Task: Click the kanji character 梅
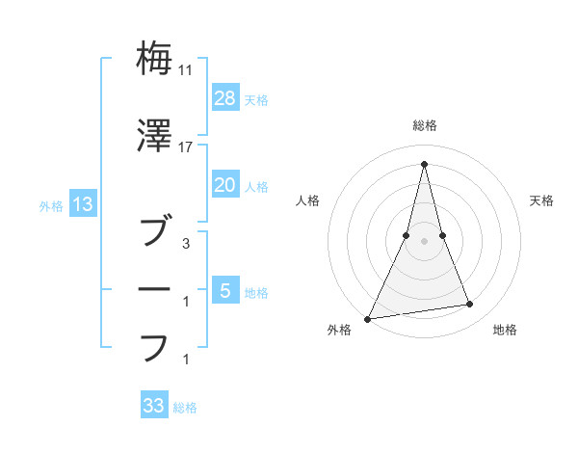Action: tap(155, 58)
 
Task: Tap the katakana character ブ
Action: tap(155, 231)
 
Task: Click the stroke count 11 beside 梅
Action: tap(187, 70)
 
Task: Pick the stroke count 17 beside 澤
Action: tap(187, 147)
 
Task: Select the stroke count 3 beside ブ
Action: tap(187, 244)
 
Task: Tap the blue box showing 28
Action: tap(224, 98)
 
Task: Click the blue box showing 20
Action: tap(224, 185)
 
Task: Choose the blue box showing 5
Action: tap(224, 290)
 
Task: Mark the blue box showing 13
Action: tap(82, 204)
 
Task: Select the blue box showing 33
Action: tap(154, 406)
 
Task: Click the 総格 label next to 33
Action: tap(185, 408)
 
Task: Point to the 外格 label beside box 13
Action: tap(52, 205)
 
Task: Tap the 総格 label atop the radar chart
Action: tap(425, 125)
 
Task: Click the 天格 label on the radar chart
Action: tap(542, 200)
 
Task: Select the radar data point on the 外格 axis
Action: tap(368, 318)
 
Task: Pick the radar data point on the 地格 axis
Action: tap(470, 305)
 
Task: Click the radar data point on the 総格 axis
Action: tap(425, 163)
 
